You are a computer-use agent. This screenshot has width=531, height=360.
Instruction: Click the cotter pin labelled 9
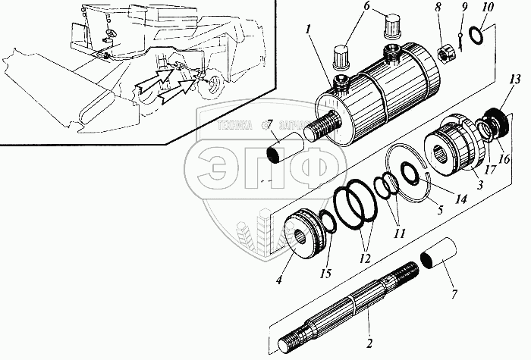461,48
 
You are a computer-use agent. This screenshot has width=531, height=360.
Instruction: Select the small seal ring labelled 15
327,224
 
